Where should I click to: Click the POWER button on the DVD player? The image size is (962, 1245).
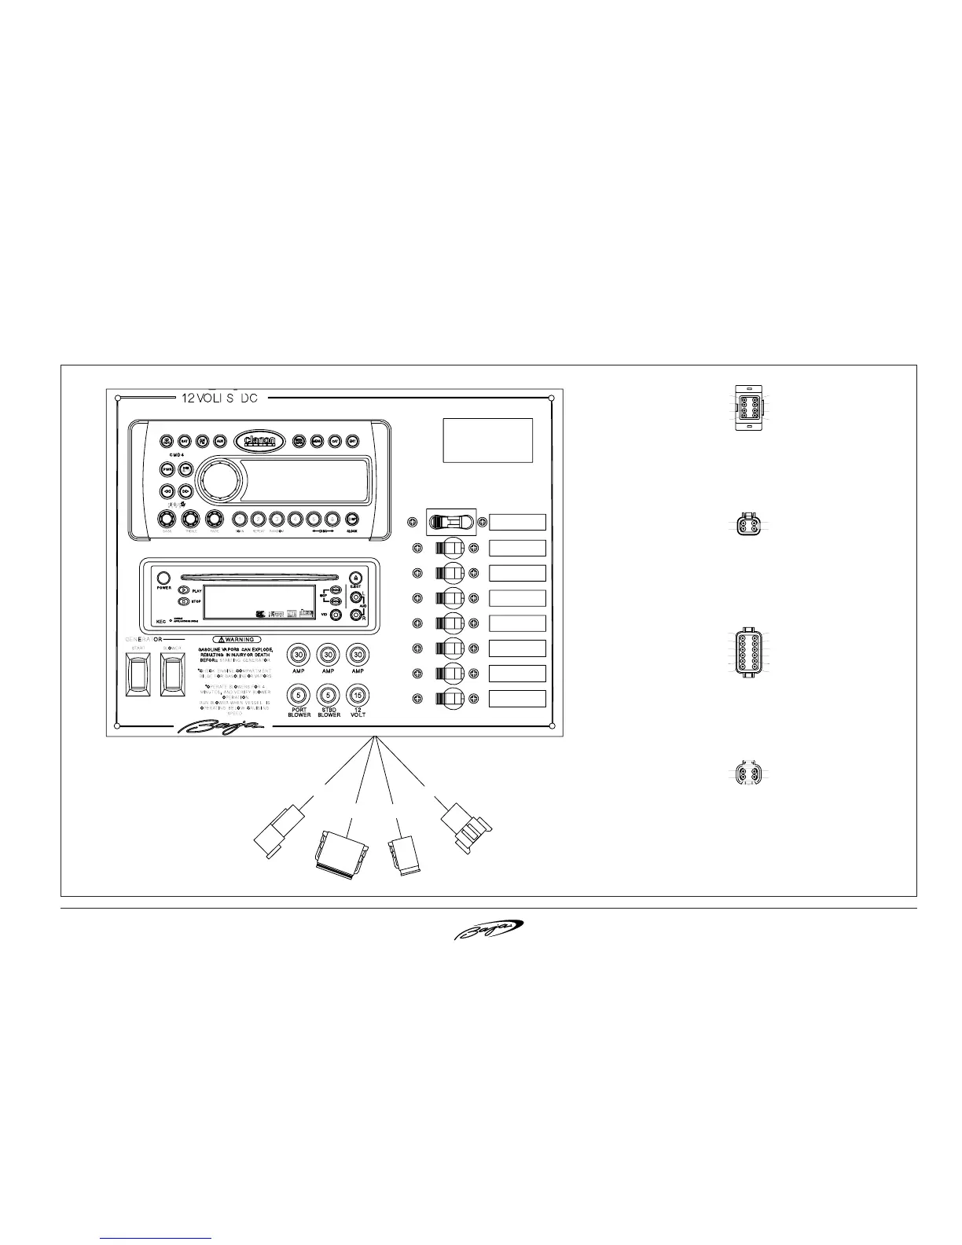pyautogui.click(x=164, y=578)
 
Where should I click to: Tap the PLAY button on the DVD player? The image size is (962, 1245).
pyautogui.click(x=184, y=589)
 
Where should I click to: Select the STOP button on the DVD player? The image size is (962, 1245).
pyautogui.click(x=184, y=601)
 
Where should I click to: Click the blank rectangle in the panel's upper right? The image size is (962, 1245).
pyautogui.click(x=488, y=440)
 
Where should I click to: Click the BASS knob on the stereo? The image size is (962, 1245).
pyautogui.click(x=167, y=519)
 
